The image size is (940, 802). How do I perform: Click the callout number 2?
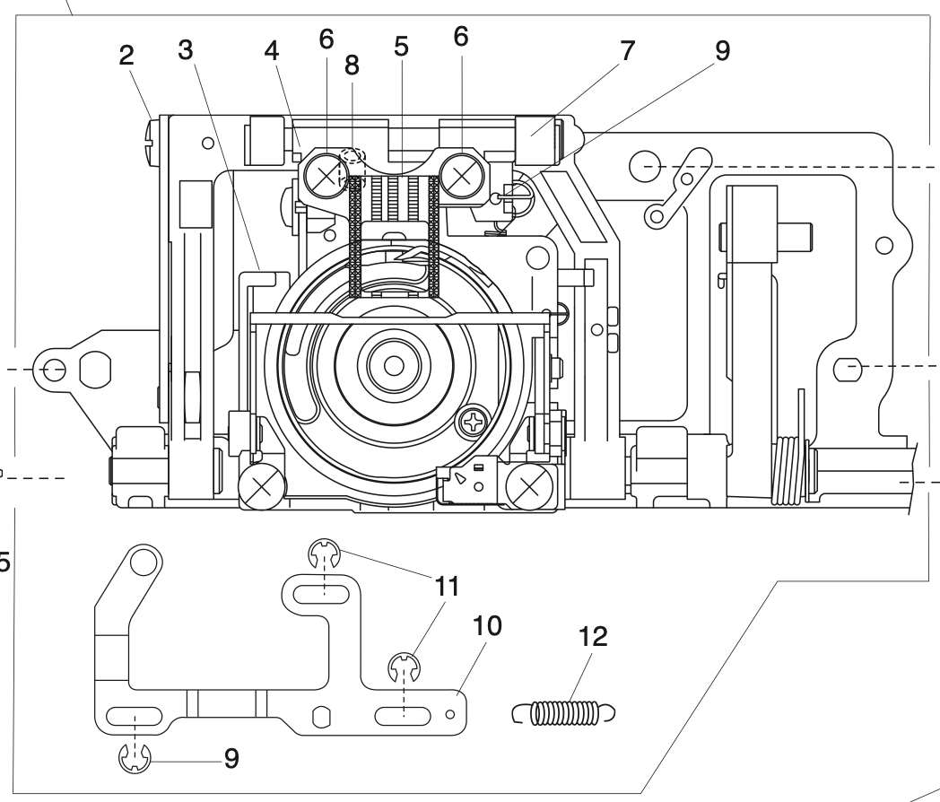tap(126, 56)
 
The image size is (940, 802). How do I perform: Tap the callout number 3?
tap(186, 50)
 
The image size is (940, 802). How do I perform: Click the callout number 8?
tap(352, 64)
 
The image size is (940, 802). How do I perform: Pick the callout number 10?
tap(488, 625)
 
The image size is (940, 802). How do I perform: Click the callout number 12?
tap(593, 637)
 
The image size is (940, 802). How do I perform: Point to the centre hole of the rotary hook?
tap(392, 365)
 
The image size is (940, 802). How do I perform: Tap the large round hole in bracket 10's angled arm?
tap(141, 562)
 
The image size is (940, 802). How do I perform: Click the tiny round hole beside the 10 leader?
tap(450, 713)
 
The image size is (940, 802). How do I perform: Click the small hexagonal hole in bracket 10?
tap(320, 716)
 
